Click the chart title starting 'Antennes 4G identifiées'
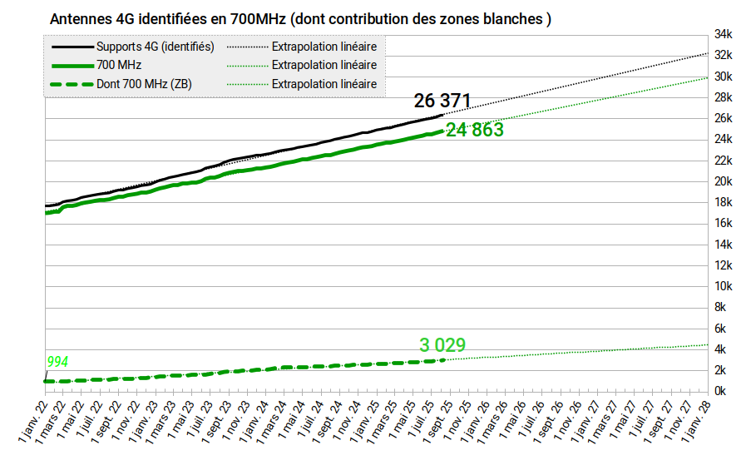pyautogui.click(x=300, y=18)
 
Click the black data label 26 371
pyautogui.click(x=442, y=101)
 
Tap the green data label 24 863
pyautogui.click(x=475, y=130)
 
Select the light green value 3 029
pyautogui.click(x=442, y=345)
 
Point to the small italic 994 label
pyautogui.click(x=57, y=362)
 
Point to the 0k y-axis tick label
pyautogui.click(x=724, y=391)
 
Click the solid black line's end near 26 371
pyautogui.click(x=443, y=114)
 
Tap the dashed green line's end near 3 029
pyautogui.click(x=443, y=359)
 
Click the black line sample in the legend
pyautogui.click(x=72, y=47)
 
